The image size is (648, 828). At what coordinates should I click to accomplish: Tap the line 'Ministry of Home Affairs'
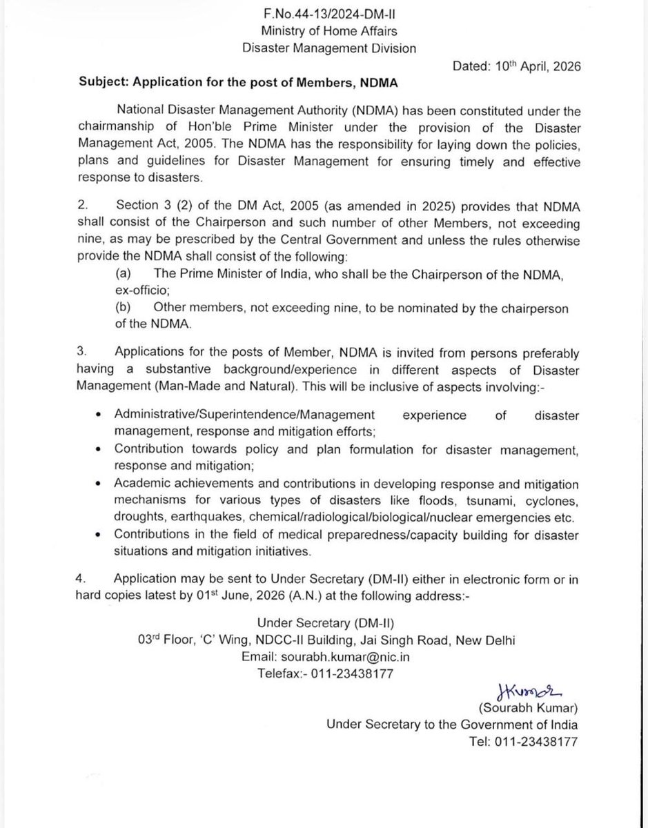(x=323, y=30)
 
